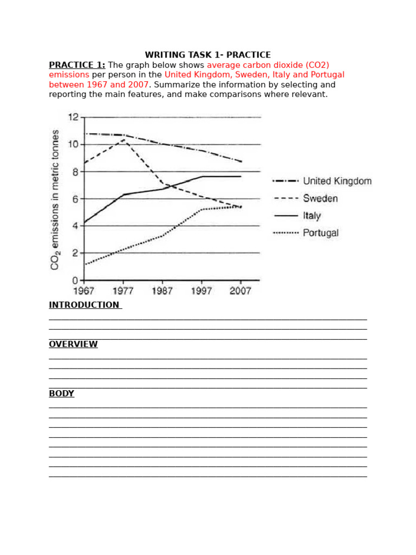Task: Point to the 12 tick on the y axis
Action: point(73,117)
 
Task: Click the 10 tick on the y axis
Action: point(73,144)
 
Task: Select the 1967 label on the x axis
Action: point(84,291)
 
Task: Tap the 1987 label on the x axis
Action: point(162,291)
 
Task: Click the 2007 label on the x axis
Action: point(240,291)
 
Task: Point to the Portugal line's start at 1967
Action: point(85,264)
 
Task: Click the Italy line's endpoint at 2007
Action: point(240,176)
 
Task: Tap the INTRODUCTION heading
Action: point(84,305)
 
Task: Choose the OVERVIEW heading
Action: point(73,344)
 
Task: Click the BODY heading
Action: point(61,393)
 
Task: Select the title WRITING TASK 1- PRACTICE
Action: point(207,55)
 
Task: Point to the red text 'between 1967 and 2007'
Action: point(98,85)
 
